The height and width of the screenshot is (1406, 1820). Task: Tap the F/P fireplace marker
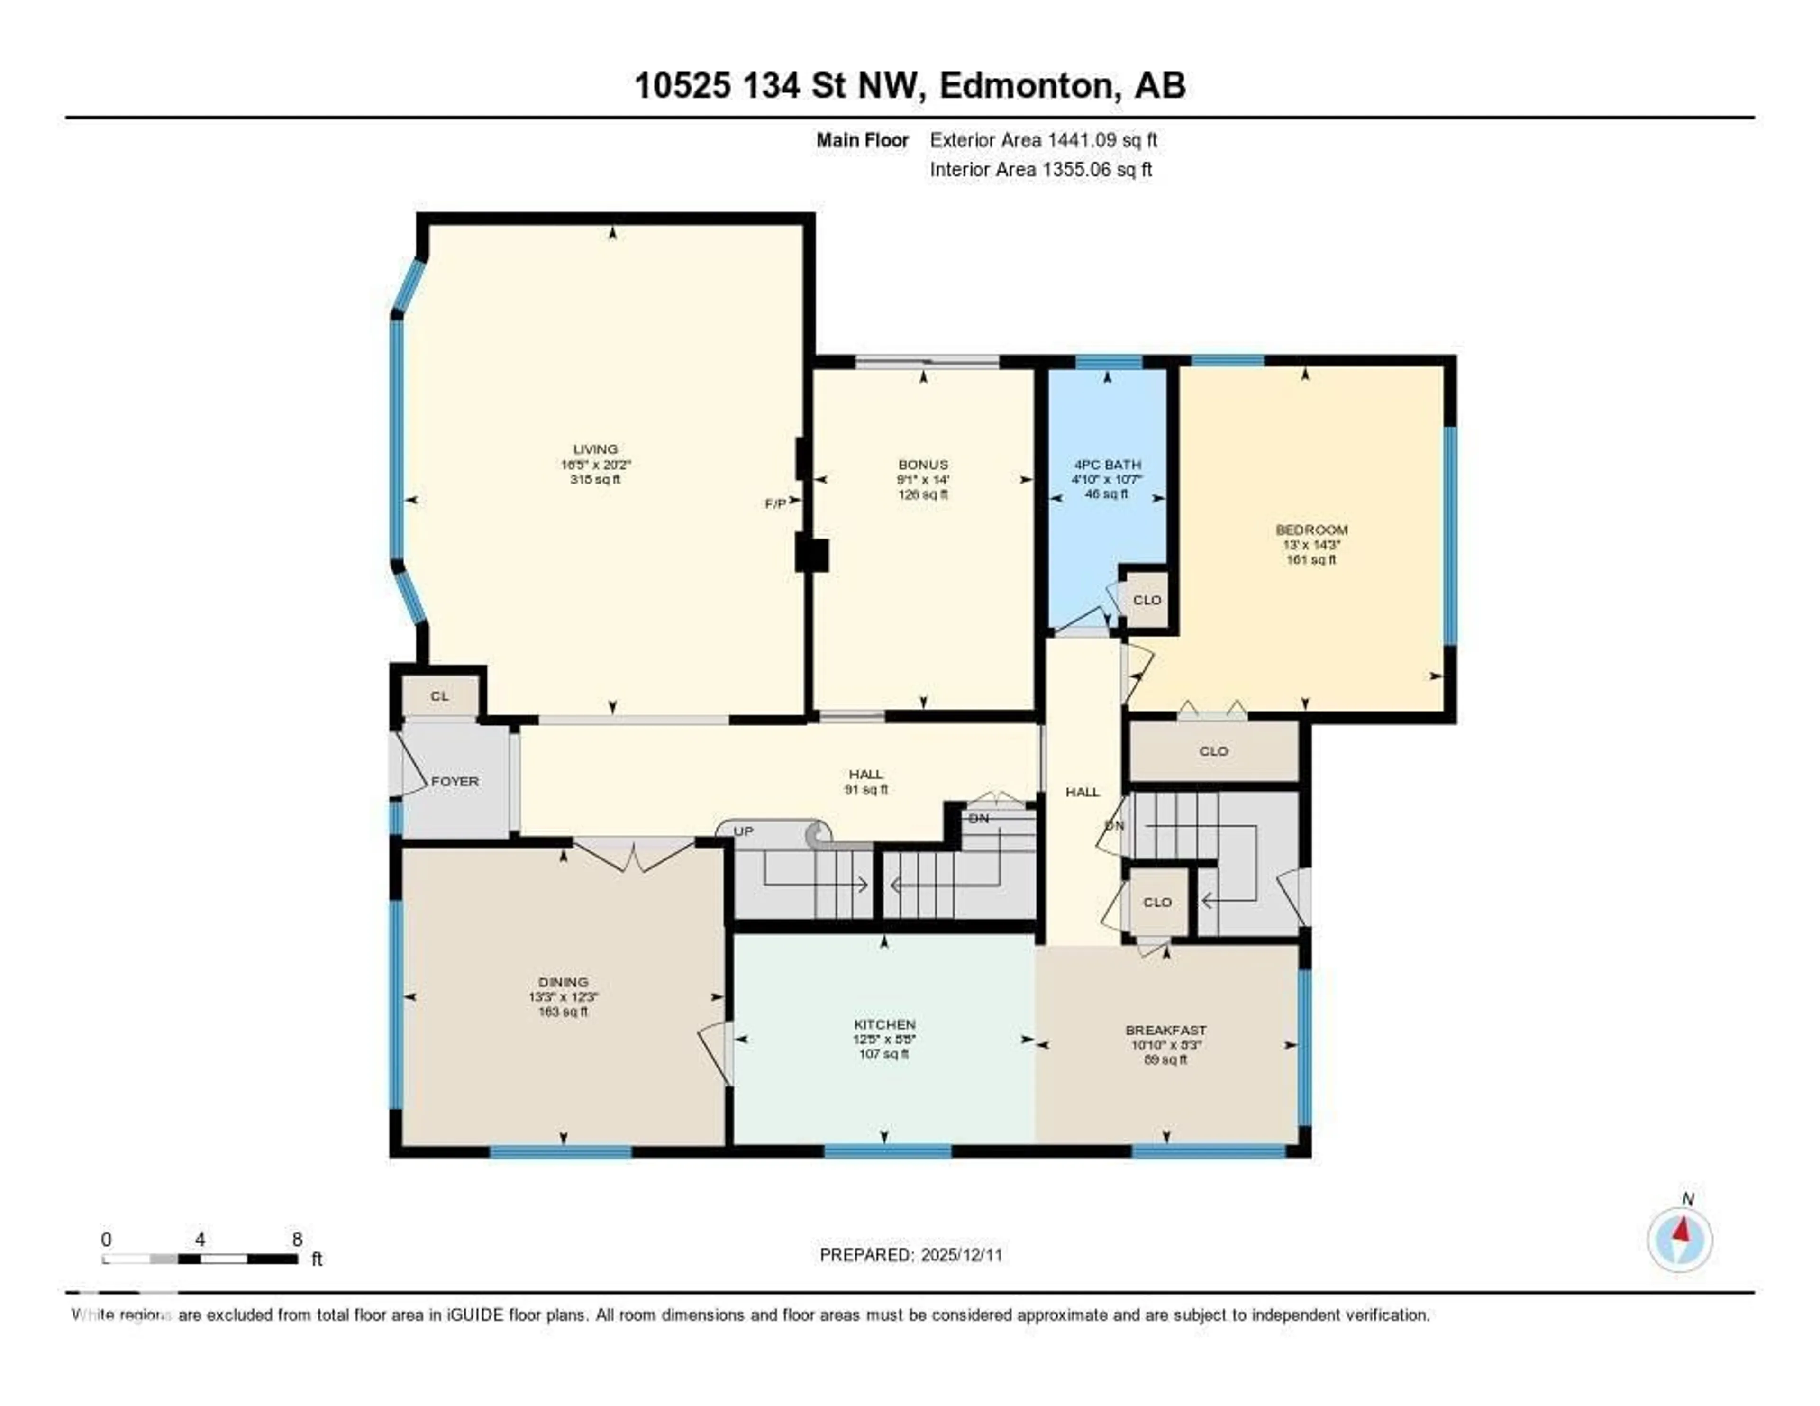[x=775, y=503]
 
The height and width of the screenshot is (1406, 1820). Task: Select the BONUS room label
[x=922, y=464]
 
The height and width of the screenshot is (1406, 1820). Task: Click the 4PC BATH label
[x=1107, y=464]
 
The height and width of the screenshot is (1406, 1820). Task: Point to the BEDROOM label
[x=1311, y=529]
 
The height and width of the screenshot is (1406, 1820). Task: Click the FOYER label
[x=455, y=781]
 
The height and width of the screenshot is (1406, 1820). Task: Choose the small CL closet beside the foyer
[x=439, y=696]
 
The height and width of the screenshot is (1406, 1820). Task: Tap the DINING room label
[x=564, y=982]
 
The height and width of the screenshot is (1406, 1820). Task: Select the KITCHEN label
[x=884, y=1024]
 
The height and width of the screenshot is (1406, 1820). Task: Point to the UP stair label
[x=743, y=832]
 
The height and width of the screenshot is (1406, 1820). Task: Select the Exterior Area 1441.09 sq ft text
[x=1043, y=140]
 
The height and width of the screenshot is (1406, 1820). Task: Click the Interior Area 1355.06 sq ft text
[x=1041, y=169]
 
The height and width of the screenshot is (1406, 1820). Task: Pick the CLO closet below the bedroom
[x=1213, y=751]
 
